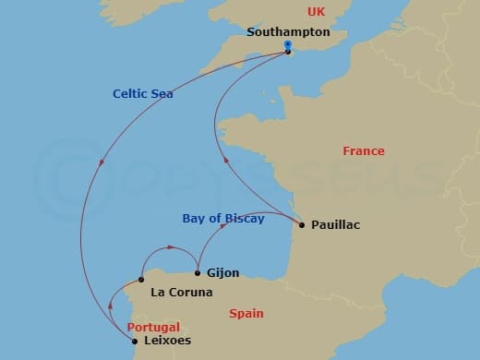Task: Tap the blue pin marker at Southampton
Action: click(x=288, y=46)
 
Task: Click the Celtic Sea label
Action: click(x=143, y=93)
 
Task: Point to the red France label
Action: click(x=363, y=151)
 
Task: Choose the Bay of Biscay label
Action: click(x=222, y=219)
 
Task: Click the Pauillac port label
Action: click(x=336, y=224)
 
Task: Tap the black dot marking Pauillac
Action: click(x=302, y=224)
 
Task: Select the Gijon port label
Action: click(x=224, y=273)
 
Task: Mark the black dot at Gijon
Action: click(x=198, y=272)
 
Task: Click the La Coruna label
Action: click(x=181, y=293)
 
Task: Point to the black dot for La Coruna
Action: click(x=141, y=280)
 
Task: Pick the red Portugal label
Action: click(x=153, y=327)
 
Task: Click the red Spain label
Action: click(x=247, y=314)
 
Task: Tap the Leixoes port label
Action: click(x=169, y=341)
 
